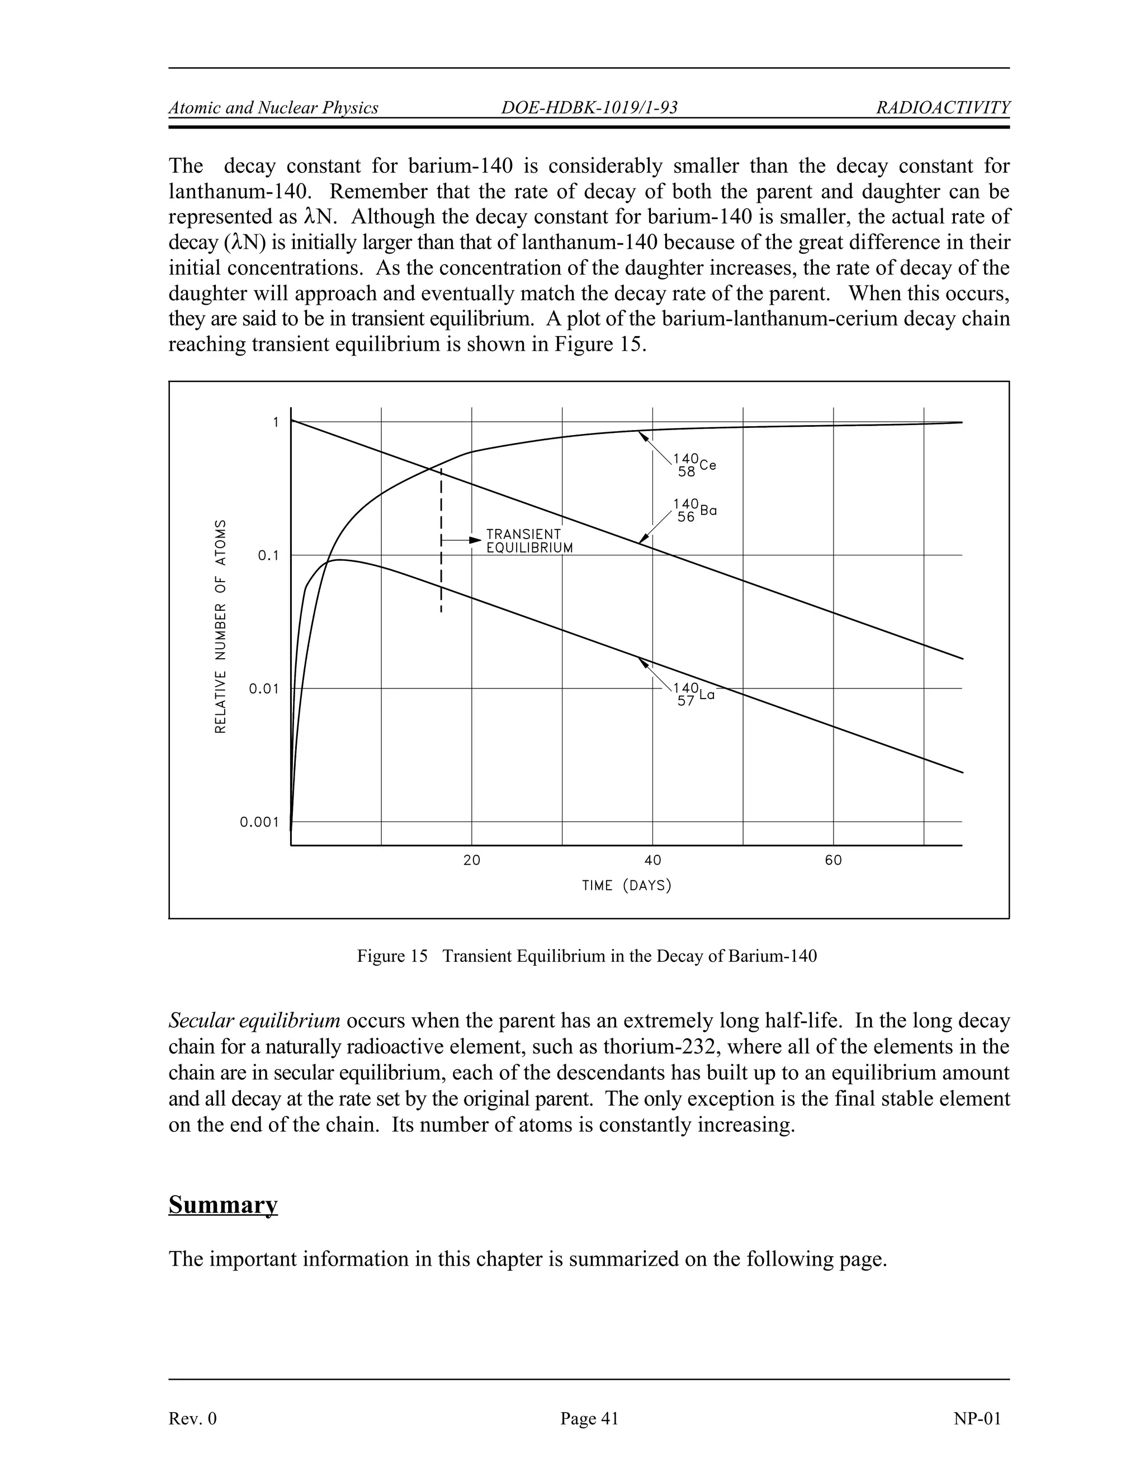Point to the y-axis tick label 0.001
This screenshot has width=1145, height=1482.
pyautogui.click(x=259, y=823)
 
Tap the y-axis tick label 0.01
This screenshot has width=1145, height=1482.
pyautogui.click(x=264, y=689)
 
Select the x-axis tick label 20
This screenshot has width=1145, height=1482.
pyautogui.click(x=471, y=861)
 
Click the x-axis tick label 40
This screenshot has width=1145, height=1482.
pyautogui.click(x=652, y=861)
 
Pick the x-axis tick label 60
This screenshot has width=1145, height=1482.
pyautogui.click(x=833, y=861)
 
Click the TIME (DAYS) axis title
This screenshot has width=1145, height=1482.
pyautogui.click(x=627, y=885)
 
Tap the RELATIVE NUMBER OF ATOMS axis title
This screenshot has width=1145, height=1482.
pyautogui.click(x=220, y=626)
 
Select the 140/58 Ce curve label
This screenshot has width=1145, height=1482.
pyautogui.click(x=694, y=465)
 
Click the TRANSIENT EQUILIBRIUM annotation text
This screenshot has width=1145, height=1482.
pyautogui.click(x=529, y=541)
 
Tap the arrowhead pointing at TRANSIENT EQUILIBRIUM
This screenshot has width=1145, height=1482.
pyautogui.click(x=475, y=540)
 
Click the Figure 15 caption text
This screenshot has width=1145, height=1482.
pyautogui.click(x=586, y=956)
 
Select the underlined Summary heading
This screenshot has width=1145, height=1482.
pyautogui.click(x=223, y=1205)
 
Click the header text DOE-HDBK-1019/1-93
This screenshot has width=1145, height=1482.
pyautogui.click(x=589, y=108)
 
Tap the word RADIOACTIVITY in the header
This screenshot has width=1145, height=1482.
pyautogui.click(x=943, y=108)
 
